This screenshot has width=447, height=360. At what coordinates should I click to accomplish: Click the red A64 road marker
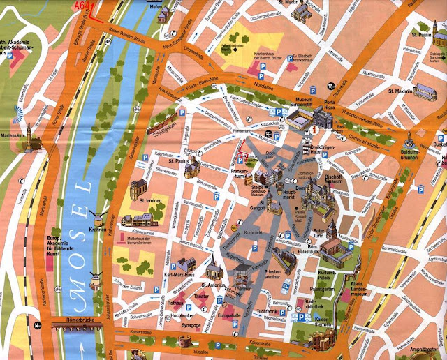[x=82, y=6]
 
